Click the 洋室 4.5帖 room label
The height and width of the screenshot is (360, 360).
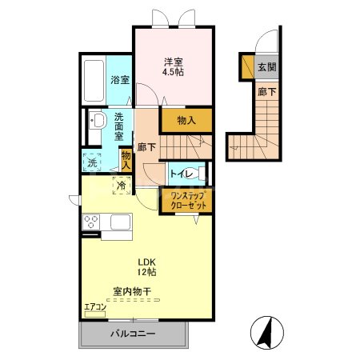coord(174,66)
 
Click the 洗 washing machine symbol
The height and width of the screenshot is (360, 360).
coord(91,162)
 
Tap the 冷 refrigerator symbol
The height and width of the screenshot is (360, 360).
coord(120,185)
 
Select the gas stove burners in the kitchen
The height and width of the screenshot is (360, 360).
coord(90,221)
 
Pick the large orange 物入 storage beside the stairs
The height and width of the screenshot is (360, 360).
coord(186,121)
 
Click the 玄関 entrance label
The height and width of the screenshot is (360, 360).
coord(266,67)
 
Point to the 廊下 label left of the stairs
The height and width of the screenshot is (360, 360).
coord(146,147)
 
